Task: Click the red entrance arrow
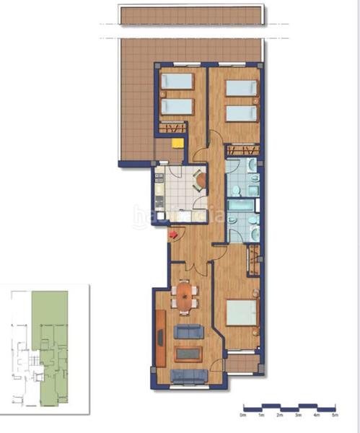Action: (x=172, y=234)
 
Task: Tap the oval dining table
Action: (x=186, y=296)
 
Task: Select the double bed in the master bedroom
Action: (x=241, y=315)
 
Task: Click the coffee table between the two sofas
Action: (x=188, y=354)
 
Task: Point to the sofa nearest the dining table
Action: (x=189, y=331)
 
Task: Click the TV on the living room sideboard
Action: (x=160, y=335)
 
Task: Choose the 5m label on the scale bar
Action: (x=334, y=416)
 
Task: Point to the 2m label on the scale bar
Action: (x=279, y=416)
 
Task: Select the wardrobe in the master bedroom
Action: (x=253, y=260)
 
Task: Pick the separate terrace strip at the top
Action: (x=193, y=15)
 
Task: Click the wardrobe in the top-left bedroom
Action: (x=173, y=129)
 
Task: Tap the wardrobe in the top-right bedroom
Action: (x=242, y=150)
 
